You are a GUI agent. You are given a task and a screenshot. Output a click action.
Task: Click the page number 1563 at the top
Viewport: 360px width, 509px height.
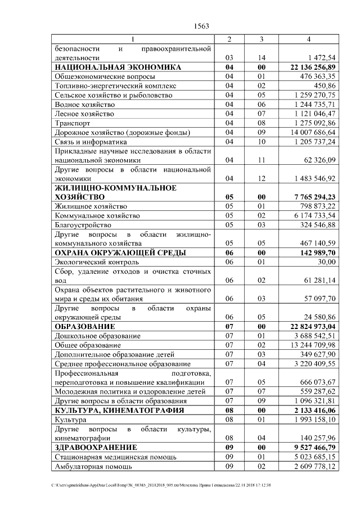tap(201, 26)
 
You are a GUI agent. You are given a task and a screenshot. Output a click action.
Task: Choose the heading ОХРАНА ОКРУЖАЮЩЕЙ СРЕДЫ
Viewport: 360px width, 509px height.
tap(120, 253)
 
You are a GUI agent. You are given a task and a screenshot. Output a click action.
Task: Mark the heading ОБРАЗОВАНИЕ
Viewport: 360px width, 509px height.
tap(84, 326)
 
